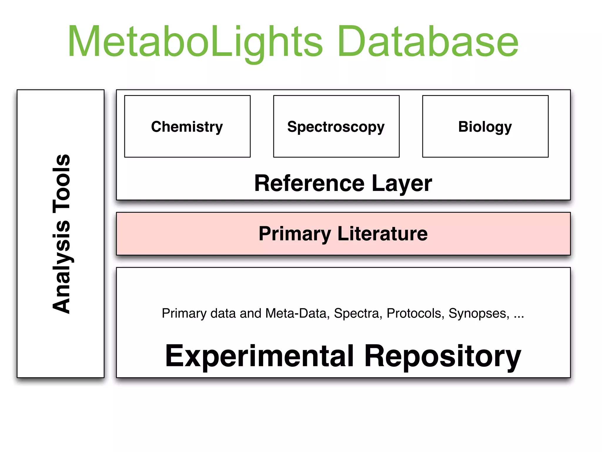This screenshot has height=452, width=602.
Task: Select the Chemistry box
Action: tap(187, 127)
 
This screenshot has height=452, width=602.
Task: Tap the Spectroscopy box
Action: tap(336, 127)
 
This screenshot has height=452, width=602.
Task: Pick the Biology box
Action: tap(485, 127)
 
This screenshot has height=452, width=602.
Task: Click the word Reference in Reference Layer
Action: tap(309, 183)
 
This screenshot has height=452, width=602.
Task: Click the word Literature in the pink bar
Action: tap(382, 234)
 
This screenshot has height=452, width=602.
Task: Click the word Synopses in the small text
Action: tap(479, 313)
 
